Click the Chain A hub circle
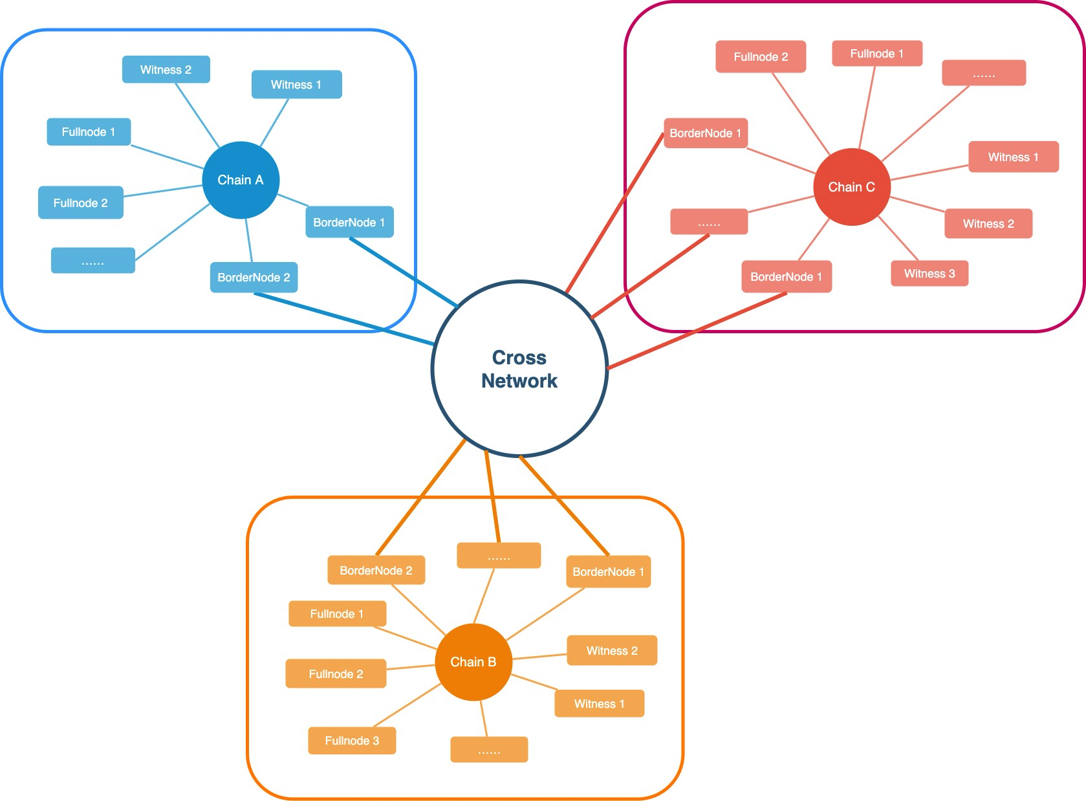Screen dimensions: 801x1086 [241, 180]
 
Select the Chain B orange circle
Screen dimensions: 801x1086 [473, 662]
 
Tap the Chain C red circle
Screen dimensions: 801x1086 [851, 187]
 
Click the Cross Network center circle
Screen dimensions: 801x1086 [519, 369]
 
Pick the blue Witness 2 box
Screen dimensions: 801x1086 [166, 70]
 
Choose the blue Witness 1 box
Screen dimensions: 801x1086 [296, 85]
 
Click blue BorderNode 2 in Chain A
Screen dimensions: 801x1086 [254, 278]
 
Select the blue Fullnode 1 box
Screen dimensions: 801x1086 [89, 132]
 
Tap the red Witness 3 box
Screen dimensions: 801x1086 [929, 274]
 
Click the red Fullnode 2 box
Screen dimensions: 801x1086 [761, 57]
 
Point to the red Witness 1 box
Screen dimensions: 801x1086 [1013, 157]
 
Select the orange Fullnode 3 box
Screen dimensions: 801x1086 [352, 741]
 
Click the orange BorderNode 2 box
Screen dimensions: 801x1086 [376, 571]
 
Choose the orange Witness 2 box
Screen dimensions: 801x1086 [612, 651]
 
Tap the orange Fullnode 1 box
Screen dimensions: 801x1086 [337, 614]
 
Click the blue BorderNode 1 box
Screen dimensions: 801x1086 [349, 223]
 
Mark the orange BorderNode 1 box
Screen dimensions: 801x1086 [608, 572]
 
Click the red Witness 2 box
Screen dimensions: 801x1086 [988, 224]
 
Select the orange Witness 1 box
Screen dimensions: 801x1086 [599, 704]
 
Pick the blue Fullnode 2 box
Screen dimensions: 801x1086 [80, 203]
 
